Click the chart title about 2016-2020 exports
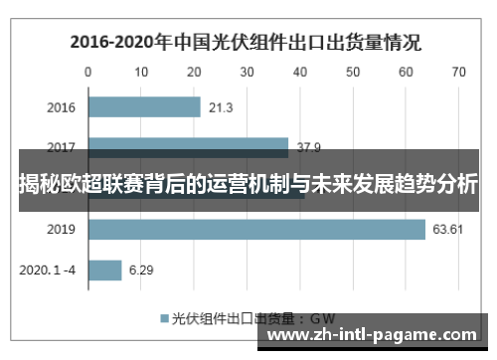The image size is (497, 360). tap(245, 43)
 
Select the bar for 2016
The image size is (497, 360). tap(144, 107)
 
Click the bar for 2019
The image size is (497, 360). tap(256, 230)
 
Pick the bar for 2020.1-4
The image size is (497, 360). tap(104, 270)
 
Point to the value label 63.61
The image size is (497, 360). tap(449, 230)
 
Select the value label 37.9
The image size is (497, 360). tap(309, 147)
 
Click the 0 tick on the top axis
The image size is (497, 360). tap(88, 73)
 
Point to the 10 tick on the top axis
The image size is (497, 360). tap(141, 73)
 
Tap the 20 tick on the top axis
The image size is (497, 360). tap(194, 73)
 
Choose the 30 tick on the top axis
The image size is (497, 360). tap(247, 73)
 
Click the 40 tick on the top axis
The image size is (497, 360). tap(299, 73)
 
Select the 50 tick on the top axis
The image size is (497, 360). tap(353, 73)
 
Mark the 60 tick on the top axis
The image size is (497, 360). tap(406, 73)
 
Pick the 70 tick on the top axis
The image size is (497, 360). tap(458, 73)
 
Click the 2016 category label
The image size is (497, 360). tap(62, 107)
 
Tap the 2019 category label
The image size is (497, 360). tap(62, 230)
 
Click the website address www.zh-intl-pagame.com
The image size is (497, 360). tap(373, 334)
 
